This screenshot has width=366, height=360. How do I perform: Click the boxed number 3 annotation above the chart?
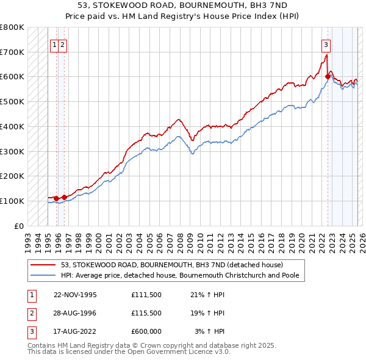coord(326,44)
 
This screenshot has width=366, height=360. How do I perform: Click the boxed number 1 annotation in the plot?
coord(55,44)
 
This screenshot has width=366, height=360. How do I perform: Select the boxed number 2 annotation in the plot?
coord(63,44)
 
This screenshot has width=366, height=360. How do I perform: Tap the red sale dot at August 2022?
coord(328,76)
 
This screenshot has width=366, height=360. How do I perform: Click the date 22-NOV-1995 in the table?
coord(75,295)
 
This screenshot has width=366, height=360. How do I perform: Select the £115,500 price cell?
coord(146,313)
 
